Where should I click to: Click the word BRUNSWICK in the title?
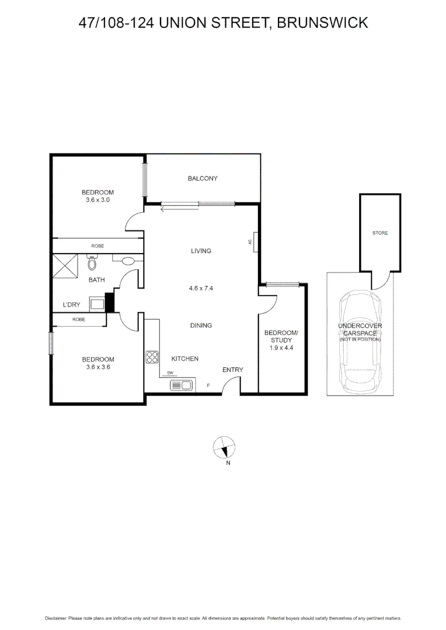[x=322, y=23]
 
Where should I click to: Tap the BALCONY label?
[x=203, y=178]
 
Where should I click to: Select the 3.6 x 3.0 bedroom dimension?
[x=97, y=200]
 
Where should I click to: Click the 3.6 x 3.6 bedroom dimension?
[x=98, y=367]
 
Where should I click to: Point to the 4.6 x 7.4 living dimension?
[x=201, y=288]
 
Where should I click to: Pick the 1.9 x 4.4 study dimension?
[x=281, y=348]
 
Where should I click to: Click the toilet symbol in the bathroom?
[x=92, y=263]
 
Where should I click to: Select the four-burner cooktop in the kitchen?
[x=152, y=357]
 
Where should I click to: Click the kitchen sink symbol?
[x=181, y=385]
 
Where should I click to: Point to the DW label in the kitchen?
[x=170, y=373]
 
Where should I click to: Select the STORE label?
[x=380, y=233]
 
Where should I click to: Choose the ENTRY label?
[x=233, y=370]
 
